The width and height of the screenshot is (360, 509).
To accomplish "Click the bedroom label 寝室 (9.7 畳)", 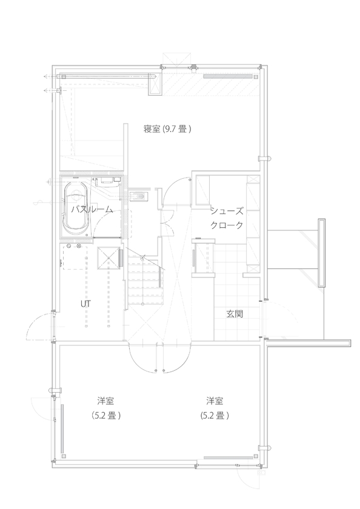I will click(167, 129).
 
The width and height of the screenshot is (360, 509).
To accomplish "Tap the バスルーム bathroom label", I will click(92, 209).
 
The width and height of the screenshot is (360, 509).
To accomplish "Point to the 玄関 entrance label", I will click(235, 314).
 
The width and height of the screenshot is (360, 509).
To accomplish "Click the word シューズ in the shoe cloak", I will click(227, 210).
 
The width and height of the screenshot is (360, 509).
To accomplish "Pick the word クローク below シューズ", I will click(227, 225).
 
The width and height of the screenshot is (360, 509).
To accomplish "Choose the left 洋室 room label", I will click(106, 401).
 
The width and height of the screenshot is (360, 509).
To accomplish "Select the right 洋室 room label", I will click(215, 401).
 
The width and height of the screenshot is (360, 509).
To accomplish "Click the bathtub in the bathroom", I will click(78, 210).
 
